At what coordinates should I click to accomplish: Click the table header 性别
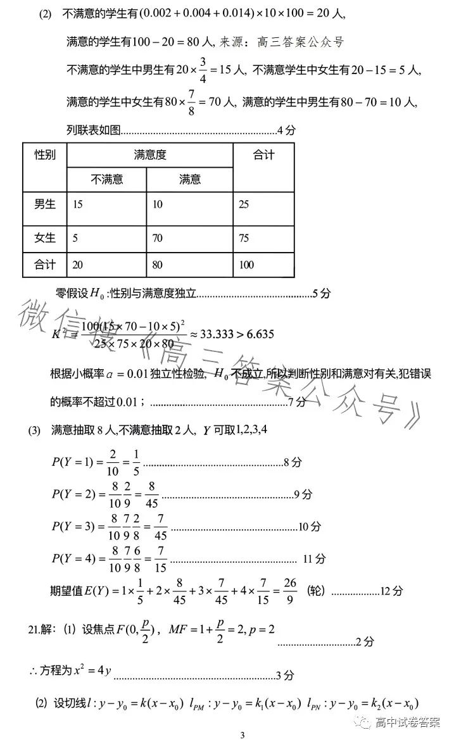point(45,155)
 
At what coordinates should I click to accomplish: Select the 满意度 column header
point(150,155)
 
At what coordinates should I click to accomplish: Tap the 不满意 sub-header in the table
point(107,179)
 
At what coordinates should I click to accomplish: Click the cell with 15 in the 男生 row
point(78,204)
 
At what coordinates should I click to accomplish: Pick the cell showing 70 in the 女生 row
point(158,238)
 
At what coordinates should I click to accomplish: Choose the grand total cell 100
point(247,265)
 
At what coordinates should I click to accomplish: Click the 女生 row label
point(45,238)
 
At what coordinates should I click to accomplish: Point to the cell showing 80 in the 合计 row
point(158,265)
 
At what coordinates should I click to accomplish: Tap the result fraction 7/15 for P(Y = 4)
point(161,559)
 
